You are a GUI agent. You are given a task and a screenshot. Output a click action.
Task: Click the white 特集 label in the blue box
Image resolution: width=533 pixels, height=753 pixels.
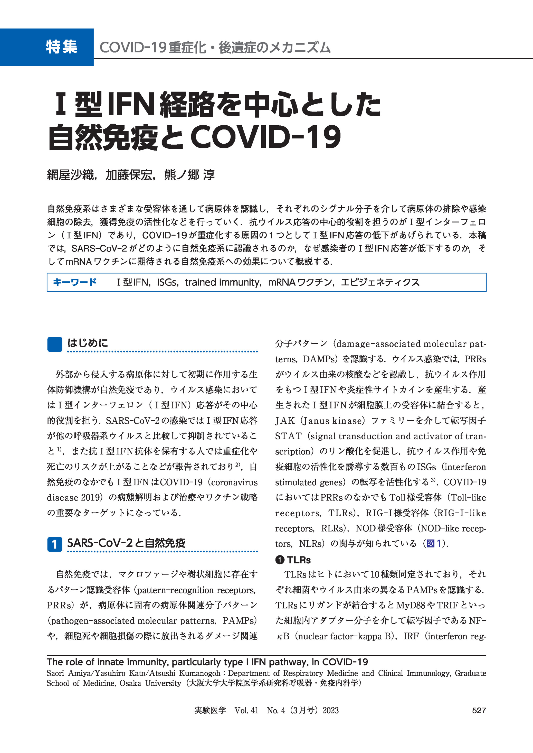click(x=62, y=47)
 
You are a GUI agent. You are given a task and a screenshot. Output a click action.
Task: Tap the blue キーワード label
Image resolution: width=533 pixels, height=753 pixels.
click(x=74, y=282)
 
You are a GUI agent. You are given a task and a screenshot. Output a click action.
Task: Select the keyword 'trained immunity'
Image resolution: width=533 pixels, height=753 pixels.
click(x=222, y=282)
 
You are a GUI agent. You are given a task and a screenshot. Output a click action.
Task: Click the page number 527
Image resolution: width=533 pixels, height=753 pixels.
click(x=479, y=710)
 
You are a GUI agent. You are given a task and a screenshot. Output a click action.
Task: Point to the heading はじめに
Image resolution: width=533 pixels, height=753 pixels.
click(x=88, y=343)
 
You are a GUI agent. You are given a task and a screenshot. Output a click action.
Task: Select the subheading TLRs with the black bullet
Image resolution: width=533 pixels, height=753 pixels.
click(x=298, y=560)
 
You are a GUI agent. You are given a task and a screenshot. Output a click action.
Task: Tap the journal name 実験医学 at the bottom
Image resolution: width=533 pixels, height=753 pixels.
click(x=210, y=710)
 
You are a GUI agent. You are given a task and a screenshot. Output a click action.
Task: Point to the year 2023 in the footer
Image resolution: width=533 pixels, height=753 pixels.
click(x=330, y=710)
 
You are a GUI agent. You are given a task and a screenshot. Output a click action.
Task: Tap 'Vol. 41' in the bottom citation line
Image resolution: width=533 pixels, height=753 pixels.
click(x=246, y=710)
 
